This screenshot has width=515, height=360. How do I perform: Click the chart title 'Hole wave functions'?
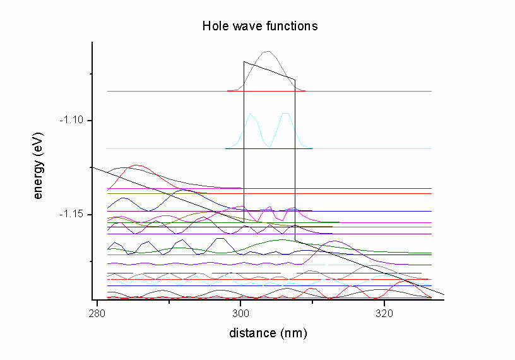(259, 26)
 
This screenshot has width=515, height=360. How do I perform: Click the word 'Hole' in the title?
(213, 26)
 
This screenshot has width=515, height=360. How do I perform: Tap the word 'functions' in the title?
(294, 26)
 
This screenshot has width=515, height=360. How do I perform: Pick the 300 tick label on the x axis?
(240, 313)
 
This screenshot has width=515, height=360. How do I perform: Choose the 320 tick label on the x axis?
(384, 313)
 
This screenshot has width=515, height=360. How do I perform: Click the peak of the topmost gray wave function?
(268, 52)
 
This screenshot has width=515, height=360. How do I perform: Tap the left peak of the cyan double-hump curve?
(251, 114)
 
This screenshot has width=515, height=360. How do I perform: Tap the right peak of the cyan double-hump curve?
(286, 114)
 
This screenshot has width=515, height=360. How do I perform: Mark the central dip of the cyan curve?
(269, 147)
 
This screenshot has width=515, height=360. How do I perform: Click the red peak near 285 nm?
(134, 165)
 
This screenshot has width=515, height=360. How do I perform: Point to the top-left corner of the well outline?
(244, 61)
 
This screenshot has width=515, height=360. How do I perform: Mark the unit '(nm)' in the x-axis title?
(295, 333)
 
